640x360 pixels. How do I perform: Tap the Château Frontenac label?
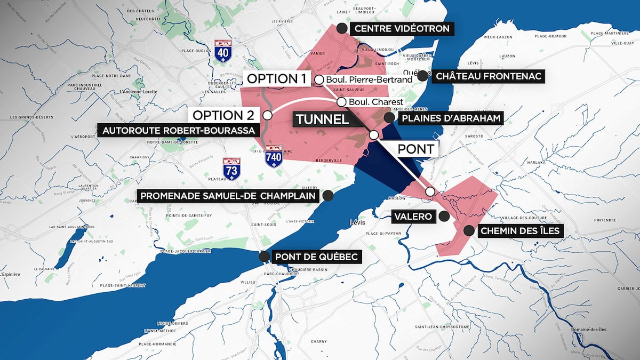click(x=489, y=76)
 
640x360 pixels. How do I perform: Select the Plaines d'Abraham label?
click(x=452, y=118)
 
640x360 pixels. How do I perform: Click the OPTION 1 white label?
click(x=276, y=79)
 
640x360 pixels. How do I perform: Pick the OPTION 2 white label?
click(x=223, y=115)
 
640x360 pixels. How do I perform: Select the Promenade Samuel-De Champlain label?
click(x=229, y=196)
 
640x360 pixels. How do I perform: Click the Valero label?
click(x=413, y=217)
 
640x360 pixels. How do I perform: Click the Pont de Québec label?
click(x=316, y=257)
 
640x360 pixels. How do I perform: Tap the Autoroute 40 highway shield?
click(x=222, y=50)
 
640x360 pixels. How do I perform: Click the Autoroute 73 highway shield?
click(x=231, y=168)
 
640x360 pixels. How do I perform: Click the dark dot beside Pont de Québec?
click(x=263, y=257)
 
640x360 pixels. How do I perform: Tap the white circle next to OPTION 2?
click(x=267, y=115)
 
